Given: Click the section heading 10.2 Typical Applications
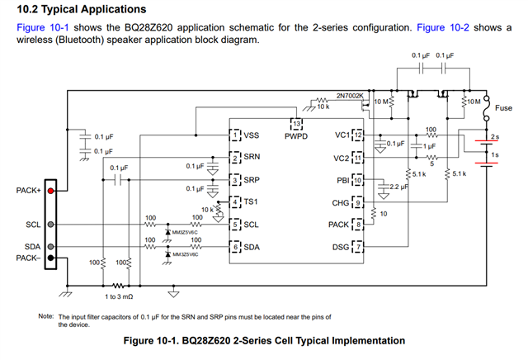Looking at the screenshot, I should click(x=79, y=9).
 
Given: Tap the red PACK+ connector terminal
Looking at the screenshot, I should click(x=51, y=191).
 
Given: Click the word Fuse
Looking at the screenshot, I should click(x=503, y=108).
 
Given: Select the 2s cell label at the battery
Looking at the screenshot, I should click(x=494, y=136).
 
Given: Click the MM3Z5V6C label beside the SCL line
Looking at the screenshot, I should click(x=189, y=233).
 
